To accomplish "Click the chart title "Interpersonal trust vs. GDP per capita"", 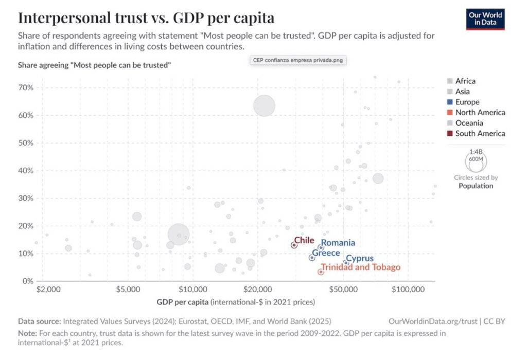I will tap(146, 17).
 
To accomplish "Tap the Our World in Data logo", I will tap(485, 19).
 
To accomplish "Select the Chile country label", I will tap(304, 240).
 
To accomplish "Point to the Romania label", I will tap(338, 243).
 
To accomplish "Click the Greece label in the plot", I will tap(326, 253).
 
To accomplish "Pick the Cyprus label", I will tap(360, 259).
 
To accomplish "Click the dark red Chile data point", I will tap(294, 245).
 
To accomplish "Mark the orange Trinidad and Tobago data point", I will tap(321, 272).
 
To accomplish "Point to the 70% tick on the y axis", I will tap(26, 87).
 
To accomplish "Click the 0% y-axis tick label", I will tap(28, 281).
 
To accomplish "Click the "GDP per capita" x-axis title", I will tap(180, 301).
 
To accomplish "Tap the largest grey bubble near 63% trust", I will tap(265, 105).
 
